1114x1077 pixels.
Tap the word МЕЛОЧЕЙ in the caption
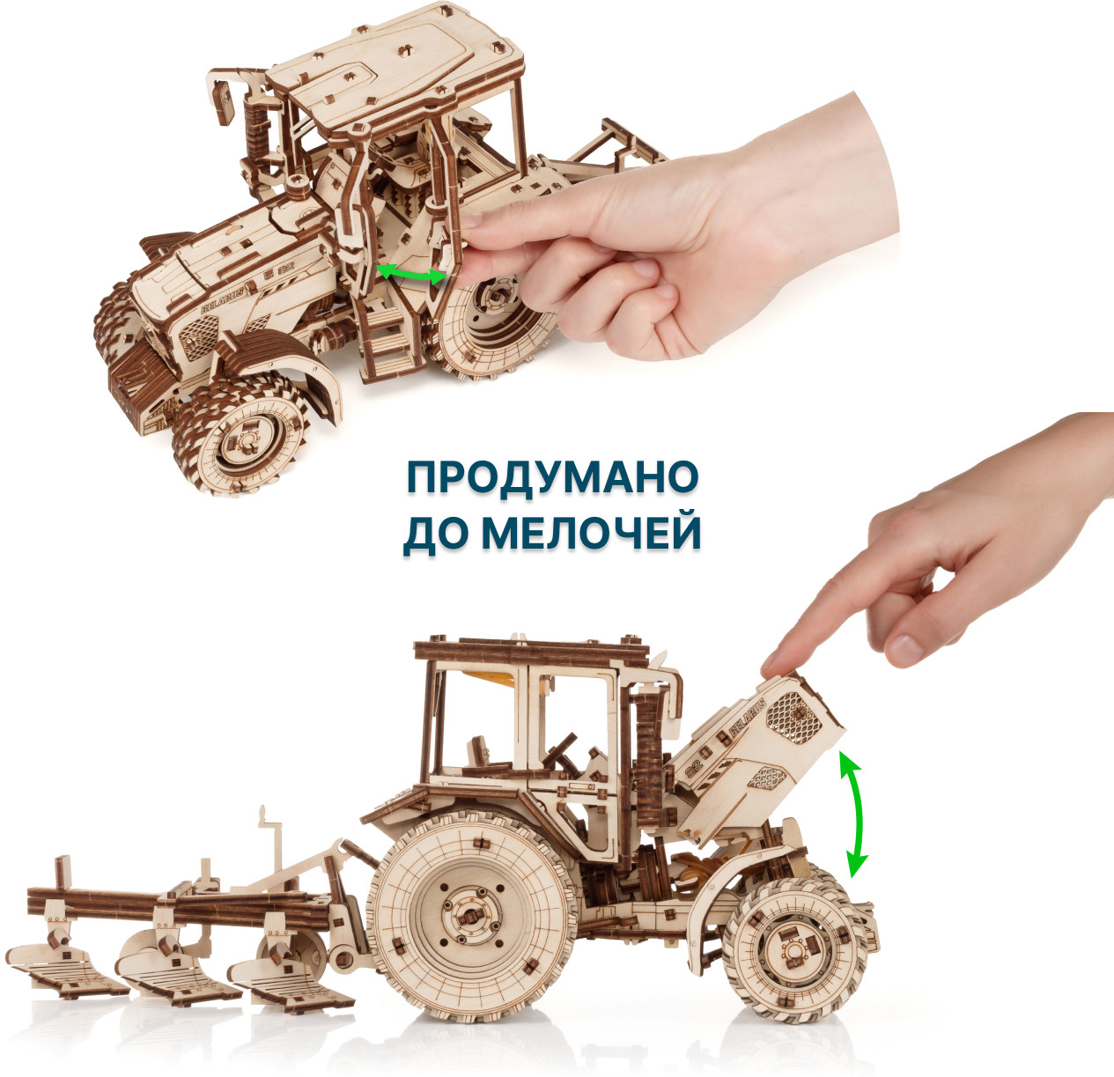point(592,534)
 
